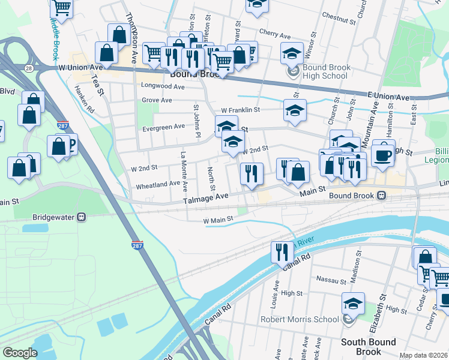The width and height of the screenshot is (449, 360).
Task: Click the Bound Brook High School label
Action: (326, 72)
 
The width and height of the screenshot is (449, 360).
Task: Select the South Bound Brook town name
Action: (369, 347)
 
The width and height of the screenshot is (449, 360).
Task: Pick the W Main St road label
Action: (217, 221)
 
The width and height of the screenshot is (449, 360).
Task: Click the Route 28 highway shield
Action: (29, 68)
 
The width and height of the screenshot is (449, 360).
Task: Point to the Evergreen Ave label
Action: (163, 127)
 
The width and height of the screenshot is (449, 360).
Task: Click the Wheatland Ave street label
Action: (157, 184)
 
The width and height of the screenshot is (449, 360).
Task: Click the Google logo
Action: (20, 352)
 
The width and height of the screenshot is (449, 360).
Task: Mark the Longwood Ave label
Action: (163, 86)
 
